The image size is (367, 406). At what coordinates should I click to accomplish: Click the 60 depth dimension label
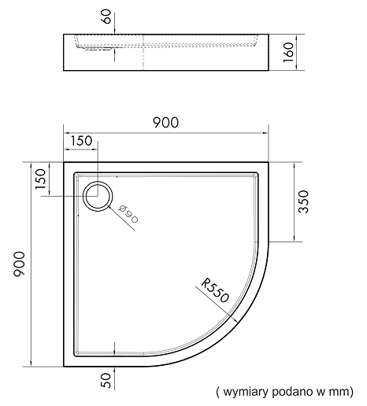tap(106, 17)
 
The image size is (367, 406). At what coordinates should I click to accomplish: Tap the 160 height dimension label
tap(288, 52)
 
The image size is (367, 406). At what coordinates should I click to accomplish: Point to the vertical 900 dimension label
tap(19, 264)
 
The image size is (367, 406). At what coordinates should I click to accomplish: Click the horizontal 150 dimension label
tap(81, 141)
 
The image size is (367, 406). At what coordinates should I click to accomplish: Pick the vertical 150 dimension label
tap(41, 179)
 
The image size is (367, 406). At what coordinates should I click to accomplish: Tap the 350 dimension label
tap(303, 201)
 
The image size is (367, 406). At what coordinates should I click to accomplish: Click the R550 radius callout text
tap(215, 290)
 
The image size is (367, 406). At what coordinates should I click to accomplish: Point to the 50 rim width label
tap(106, 381)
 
